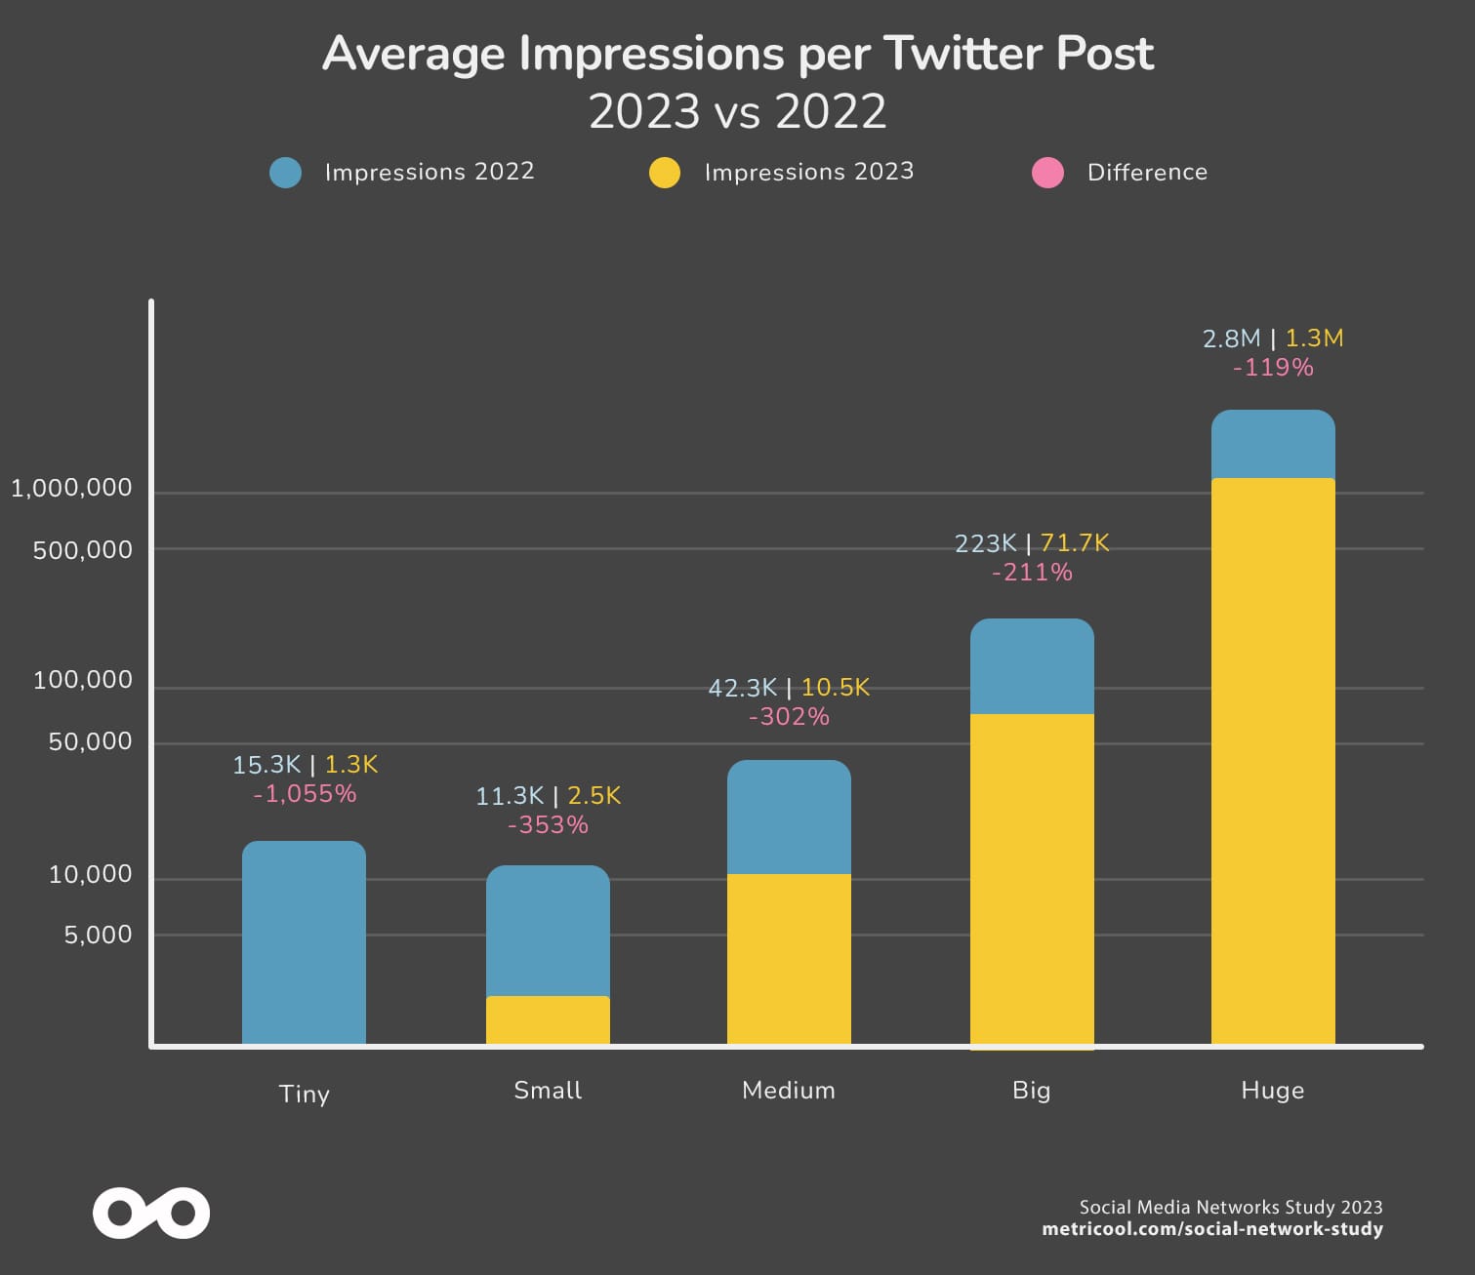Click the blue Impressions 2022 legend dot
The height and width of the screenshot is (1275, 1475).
[x=285, y=173]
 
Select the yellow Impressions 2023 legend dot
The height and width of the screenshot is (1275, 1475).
[x=665, y=173]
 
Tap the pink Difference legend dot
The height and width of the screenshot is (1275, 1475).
[x=1047, y=173]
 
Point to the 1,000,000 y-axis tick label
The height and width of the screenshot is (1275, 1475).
[x=71, y=488]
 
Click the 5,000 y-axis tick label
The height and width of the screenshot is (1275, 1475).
[x=98, y=935]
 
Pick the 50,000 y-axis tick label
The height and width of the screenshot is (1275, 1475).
[x=90, y=741]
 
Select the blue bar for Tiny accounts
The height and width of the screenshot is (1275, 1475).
[x=304, y=942]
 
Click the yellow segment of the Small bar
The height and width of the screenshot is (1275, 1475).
[x=548, y=1020]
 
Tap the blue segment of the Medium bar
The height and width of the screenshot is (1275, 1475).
[x=789, y=817]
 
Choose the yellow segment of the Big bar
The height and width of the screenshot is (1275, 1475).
[x=1032, y=878]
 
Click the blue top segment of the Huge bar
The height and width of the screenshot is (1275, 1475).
[x=1273, y=445]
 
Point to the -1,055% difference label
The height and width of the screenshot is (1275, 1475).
[x=305, y=794]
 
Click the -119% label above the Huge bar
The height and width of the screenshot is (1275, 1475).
[x=1273, y=368]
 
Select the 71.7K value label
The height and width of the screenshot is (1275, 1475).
[x=1075, y=542]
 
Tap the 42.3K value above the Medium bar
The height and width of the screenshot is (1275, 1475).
[x=743, y=688]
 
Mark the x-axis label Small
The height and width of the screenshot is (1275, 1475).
[x=548, y=1090]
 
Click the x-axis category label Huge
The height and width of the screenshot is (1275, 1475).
[x=1273, y=1090]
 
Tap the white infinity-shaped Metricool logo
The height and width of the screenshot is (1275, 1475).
[x=151, y=1214]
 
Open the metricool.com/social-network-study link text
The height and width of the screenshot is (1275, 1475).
[x=1212, y=1229]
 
